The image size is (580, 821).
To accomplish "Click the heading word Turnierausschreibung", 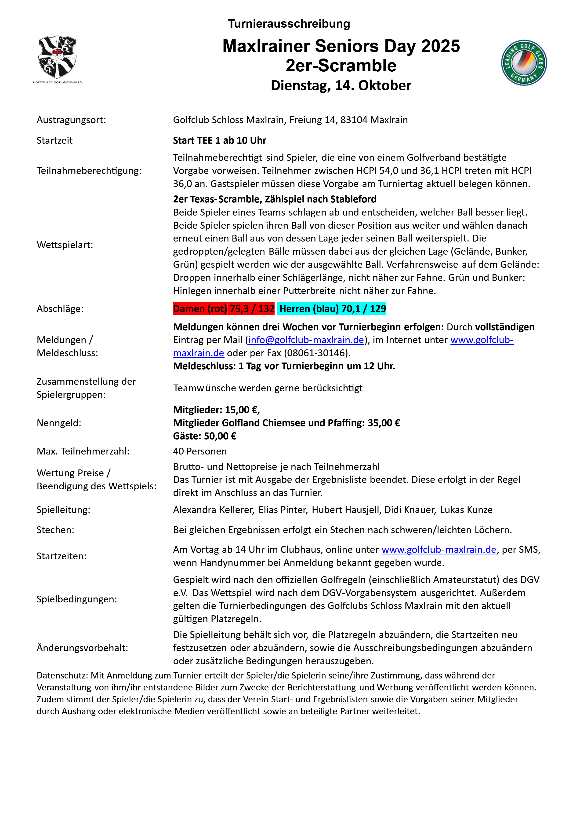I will pyautogui.click(x=289, y=24).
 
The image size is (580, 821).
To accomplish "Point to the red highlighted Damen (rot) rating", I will pyautogui.click(x=224, y=309).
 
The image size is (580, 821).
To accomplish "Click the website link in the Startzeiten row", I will pyautogui.click(x=439, y=549).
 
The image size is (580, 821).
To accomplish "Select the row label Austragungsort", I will pyautogui.click(x=71, y=120).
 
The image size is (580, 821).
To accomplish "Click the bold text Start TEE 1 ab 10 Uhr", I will pyautogui.click(x=219, y=140).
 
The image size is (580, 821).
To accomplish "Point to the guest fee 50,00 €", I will pyautogui.click(x=220, y=436).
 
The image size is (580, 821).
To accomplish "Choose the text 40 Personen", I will pyautogui.click(x=200, y=451).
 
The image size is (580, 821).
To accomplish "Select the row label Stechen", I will pyautogui.click(x=55, y=530).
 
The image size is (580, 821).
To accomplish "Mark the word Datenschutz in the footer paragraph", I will pyautogui.click(x=62, y=675).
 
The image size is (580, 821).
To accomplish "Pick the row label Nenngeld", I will pyautogui.click(x=59, y=423).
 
